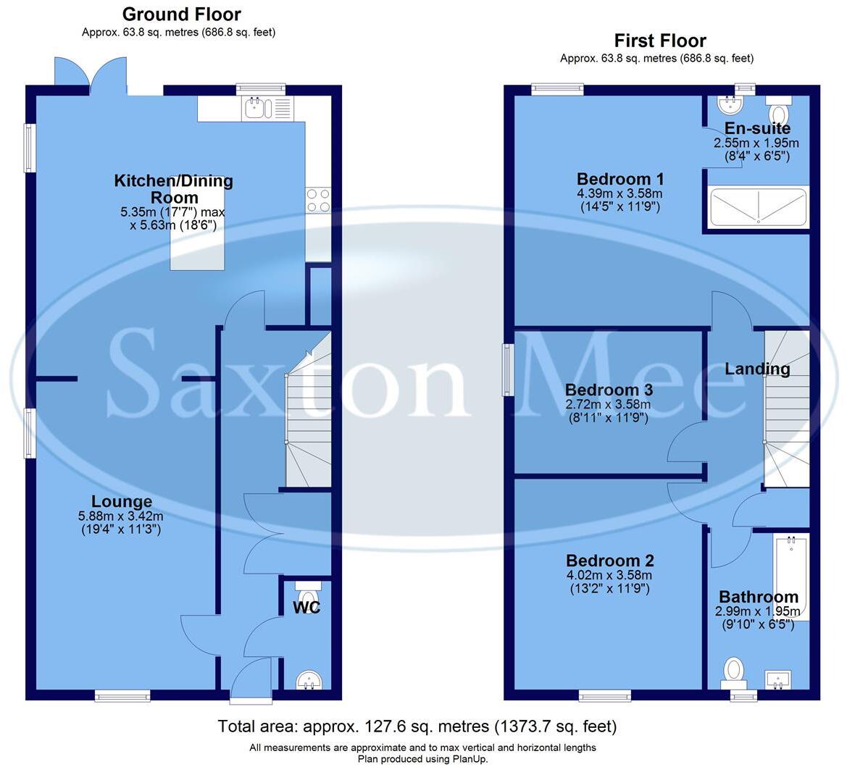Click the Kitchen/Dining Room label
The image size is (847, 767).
click(x=174, y=189)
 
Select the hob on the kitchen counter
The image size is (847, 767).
click(x=318, y=200)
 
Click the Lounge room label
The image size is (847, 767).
click(x=122, y=501)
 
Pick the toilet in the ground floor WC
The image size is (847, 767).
click(x=307, y=593)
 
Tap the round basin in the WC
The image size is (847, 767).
click(x=309, y=679)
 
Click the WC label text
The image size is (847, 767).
click(x=306, y=607)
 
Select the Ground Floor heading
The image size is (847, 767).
click(x=181, y=14)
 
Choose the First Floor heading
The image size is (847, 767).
click(x=660, y=41)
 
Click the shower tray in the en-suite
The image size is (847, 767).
click(x=758, y=207)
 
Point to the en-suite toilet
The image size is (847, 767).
click(x=779, y=112)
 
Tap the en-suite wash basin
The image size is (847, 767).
click(x=730, y=106)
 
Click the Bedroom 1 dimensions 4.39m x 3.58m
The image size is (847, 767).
click(x=619, y=194)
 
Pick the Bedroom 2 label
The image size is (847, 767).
click(x=610, y=561)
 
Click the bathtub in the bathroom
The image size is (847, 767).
click(x=790, y=576)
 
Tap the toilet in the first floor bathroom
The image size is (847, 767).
click(x=734, y=671)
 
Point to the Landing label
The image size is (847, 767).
click(x=757, y=369)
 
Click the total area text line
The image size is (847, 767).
click(x=417, y=726)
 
